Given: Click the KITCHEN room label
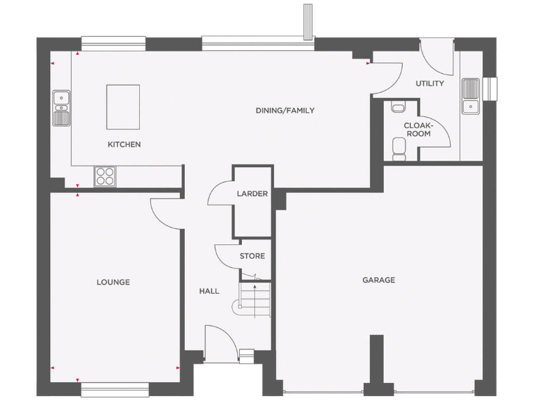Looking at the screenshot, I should click(124, 145).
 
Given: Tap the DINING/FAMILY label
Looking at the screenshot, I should click(285, 111).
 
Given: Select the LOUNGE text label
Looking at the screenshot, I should click(113, 282).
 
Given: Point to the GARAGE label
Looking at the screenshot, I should click(378, 280).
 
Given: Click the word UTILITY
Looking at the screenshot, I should click(429, 84).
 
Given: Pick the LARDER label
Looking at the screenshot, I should click(252, 194).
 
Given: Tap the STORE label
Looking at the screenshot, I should click(252, 256).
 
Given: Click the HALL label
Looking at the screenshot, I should click(209, 291).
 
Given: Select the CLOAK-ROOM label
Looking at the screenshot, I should click(418, 129).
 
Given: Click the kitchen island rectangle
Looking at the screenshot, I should click(122, 107).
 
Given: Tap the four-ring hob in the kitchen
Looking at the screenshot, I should click(105, 176).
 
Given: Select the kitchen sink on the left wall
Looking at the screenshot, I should click(61, 106).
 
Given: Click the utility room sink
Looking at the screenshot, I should click(471, 95).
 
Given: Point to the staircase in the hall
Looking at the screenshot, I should click(255, 300).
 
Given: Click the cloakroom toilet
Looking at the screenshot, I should click(399, 147).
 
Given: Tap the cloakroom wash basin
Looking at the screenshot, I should click(397, 107).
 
